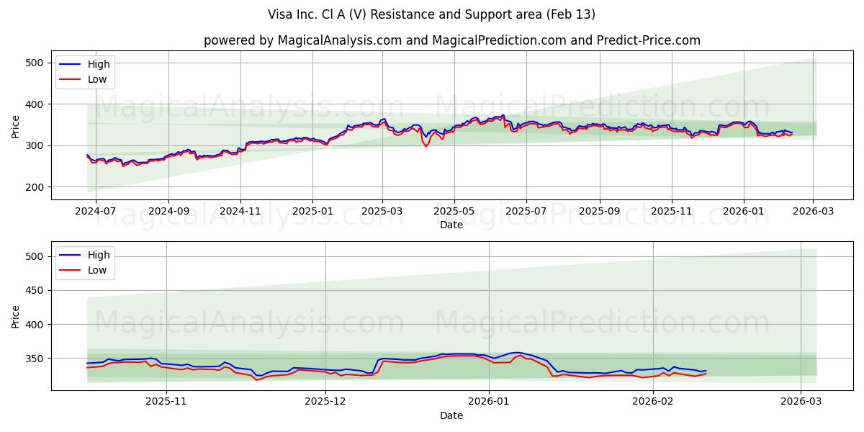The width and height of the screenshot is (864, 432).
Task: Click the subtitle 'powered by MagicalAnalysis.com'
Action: pos(451,40)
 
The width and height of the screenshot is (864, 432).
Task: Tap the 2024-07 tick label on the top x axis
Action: pos(96,212)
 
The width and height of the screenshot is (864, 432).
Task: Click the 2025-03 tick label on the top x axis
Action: pos(382,212)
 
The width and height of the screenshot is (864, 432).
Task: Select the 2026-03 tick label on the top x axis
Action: pos(813,212)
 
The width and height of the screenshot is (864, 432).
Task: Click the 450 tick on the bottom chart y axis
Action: pos(35,290)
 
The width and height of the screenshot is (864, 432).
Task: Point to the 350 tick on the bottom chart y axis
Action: pos(35,359)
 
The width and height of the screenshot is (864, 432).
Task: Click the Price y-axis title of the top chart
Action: pos(16,126)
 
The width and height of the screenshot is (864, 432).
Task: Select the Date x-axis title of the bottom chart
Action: pos(451,415)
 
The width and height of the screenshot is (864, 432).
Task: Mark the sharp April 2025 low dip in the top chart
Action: pos(426,146)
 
